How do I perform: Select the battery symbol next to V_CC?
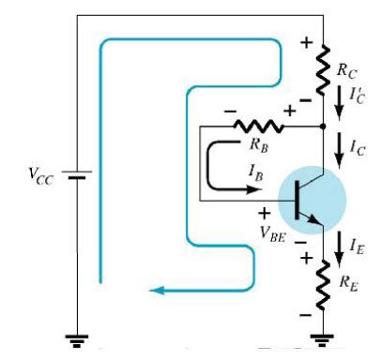(x=78, y=174)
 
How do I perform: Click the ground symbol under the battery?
(x=78, y=340)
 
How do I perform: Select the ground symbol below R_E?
(x=323, y=340)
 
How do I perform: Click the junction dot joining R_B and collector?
(x=323, y=124)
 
